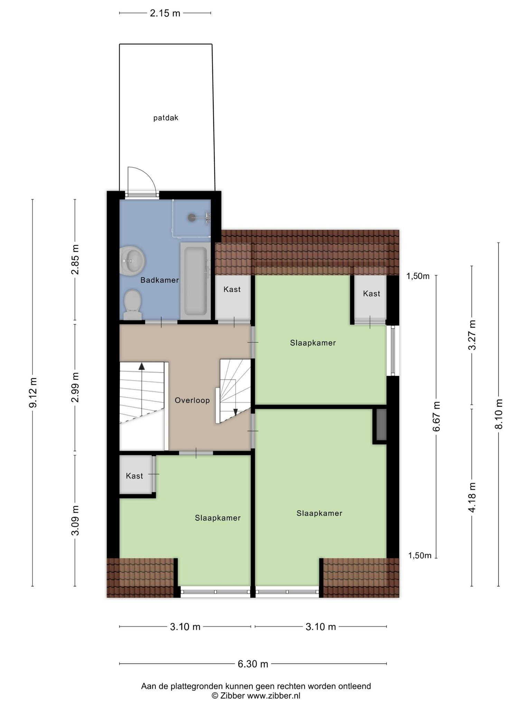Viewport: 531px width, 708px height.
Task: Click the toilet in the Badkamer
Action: point(132,305)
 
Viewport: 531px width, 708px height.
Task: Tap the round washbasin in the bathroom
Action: point(132,260)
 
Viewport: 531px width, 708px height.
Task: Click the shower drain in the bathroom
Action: point(192,217)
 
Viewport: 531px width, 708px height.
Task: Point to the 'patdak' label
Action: point(166,118)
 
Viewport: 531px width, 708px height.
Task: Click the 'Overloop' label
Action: point(192,400)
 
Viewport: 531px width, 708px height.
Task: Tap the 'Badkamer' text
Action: point(160,280)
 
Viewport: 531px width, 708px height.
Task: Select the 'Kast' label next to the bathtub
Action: point(232,289)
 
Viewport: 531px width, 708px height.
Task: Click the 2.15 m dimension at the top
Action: point(165,13)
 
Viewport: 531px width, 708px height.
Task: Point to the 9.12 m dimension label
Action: point(33,393)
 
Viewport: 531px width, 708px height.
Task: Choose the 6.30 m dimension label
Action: point(253,664)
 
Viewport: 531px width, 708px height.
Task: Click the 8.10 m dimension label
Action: point(499,414)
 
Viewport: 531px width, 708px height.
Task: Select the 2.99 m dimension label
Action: point(75,388)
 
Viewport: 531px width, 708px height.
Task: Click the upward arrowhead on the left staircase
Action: point(141,366)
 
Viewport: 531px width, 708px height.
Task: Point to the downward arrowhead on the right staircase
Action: point(235,412)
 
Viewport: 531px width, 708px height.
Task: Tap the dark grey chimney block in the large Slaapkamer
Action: point(381,425)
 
